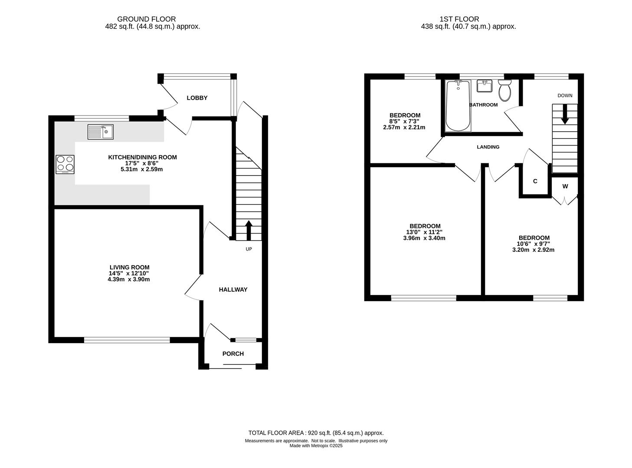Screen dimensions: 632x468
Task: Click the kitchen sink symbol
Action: (x=100, y=132)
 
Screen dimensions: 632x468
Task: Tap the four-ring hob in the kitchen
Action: (x=65, y=164)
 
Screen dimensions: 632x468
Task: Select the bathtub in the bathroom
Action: (x=458, y=106)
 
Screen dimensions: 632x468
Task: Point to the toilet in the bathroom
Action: (x=504, y=90)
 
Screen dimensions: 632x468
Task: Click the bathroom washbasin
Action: (x=485, y=86)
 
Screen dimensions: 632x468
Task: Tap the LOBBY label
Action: (x=197, y=98)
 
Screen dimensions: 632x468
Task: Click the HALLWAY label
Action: (x=233, y=289)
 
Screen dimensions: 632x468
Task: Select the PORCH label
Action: (x=233, y=354)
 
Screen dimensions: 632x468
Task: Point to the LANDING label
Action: (x=488, y=147)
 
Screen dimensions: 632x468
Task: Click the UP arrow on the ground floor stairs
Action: (x=249, y=230)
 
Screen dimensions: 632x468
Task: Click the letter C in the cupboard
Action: (x=535, y=181)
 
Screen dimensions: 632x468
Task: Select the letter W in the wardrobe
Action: (x=565, y=186)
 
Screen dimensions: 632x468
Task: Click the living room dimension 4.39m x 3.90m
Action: (x=129, y=279)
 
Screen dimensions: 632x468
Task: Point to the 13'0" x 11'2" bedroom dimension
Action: (x=424, y=232)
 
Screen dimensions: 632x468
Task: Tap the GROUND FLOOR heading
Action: (x=147, y=19)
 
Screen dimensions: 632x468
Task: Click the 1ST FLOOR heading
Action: (x=459, y=19)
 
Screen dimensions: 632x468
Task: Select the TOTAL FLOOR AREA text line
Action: (x=316, y=433)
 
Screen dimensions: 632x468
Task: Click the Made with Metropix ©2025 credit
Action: (x=316, y=445)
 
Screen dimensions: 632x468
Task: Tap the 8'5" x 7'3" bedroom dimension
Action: (x=404, y=121)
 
